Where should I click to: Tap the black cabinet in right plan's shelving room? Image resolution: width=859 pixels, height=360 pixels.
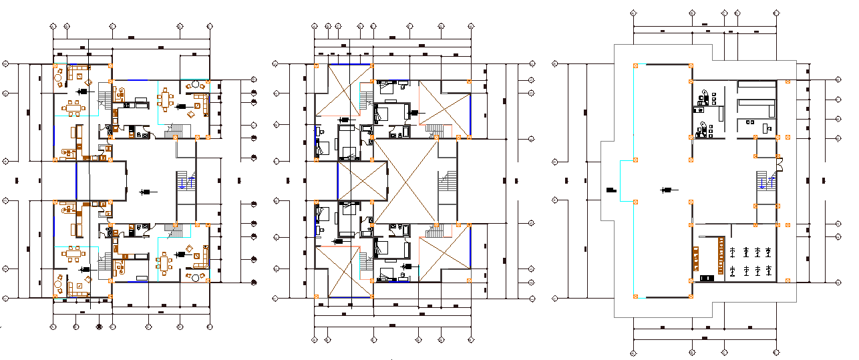tap(705, 277)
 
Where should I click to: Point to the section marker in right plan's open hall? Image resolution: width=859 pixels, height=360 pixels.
tap(665, 191)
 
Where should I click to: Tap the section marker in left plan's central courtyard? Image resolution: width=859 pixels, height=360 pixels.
tap(145, 192)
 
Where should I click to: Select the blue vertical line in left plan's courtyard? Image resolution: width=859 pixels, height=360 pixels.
tap(76, 180)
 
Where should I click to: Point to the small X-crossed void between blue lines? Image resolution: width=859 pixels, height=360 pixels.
tap(361, 180)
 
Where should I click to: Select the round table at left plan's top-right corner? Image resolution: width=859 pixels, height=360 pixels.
tap(196, 85)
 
